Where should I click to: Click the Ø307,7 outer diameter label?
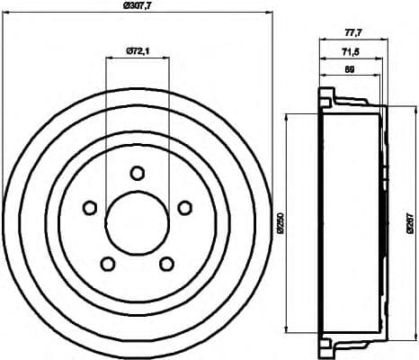[137, 6]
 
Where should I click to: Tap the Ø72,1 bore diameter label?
[137, 49]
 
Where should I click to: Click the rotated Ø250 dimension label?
[280, 221]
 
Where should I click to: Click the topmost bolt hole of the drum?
[137, 173]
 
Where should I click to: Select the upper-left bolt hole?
[90, 208]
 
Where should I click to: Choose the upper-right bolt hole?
[184, 208]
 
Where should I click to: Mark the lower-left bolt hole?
[108, 264]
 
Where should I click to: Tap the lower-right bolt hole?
[166, 264]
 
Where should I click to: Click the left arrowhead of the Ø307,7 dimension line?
[6, 14]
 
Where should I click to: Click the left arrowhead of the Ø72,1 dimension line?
[108, 57]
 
